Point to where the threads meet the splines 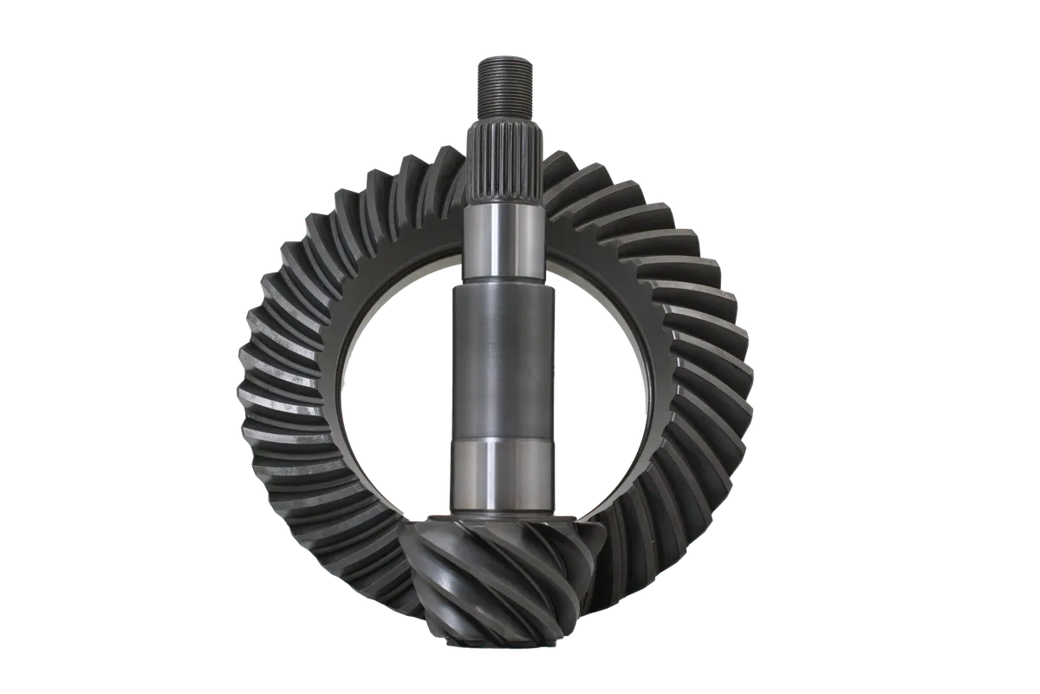[498, 122]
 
